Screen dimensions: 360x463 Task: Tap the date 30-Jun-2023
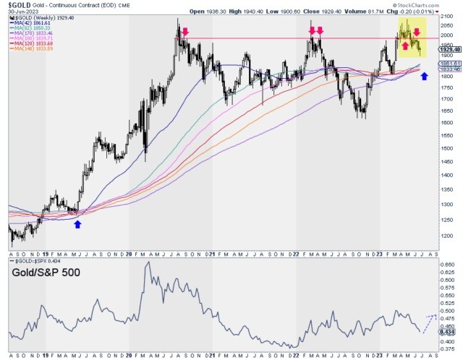coord(19,11)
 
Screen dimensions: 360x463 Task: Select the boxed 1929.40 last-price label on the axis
coord(451,49)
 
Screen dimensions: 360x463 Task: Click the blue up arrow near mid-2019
coord(77,224)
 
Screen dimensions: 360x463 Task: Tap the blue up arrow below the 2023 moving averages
coord(425,76)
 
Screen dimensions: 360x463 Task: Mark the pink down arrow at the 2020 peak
coord(185,32)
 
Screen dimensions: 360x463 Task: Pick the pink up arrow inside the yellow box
coord(404,45)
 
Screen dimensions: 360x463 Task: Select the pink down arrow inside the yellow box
coord(417,33)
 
